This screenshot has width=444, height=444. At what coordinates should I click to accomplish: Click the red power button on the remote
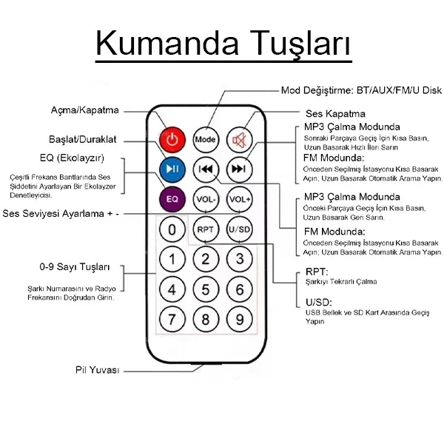(172, 138)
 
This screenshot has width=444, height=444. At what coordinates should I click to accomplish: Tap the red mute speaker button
(239, 138)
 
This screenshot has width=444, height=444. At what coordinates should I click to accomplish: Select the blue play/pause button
(172, 169)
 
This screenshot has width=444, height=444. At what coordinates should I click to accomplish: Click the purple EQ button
(172, 199)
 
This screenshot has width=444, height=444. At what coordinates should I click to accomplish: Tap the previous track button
(206, 169)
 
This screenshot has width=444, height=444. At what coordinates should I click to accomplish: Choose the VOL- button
(206, 199)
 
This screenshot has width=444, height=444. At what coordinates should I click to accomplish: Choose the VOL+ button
(240, 199)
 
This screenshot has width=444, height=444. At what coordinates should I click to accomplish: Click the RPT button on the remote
(206, 229)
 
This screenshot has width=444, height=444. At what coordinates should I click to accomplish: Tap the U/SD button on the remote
(240, 229)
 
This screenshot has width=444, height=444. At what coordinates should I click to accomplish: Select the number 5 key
(206, 289)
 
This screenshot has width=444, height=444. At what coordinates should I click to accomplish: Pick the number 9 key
(240, 320)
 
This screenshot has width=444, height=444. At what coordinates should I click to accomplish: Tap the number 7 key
(172, 320)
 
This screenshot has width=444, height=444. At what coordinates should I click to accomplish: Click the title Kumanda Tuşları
(222, 43)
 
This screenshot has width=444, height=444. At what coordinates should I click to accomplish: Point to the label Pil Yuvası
(97, 370)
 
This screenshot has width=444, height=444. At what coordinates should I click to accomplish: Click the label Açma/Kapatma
(84, 110)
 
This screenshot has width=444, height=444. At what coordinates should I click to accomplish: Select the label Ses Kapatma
(335, 114)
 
